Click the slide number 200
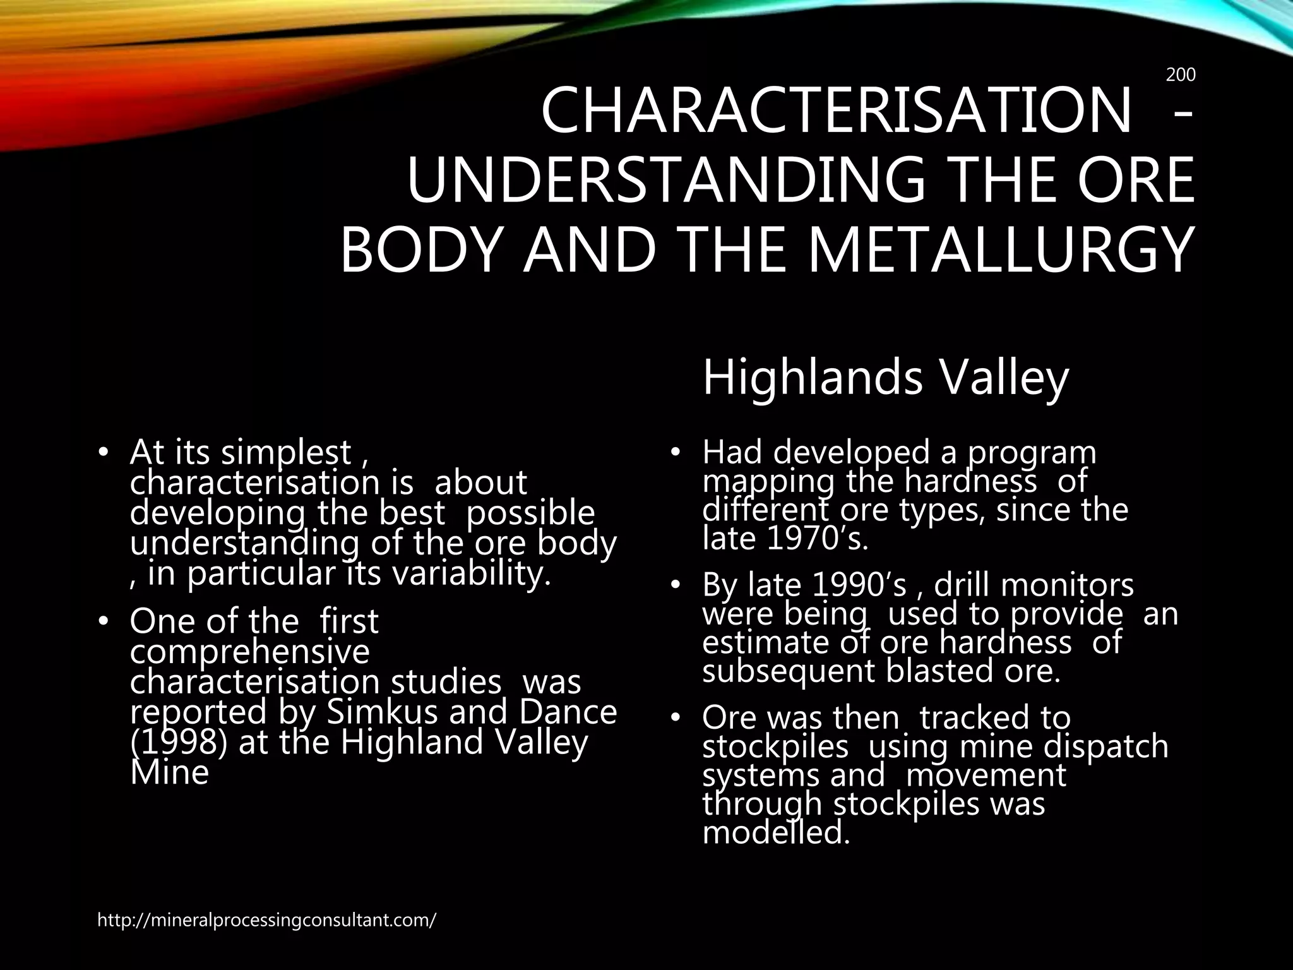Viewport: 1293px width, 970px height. click(1180, 75)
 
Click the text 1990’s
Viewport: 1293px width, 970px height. click(859, 585)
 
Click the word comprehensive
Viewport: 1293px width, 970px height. click(249, 651)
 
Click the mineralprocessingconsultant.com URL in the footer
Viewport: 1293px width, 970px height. click(266, 920)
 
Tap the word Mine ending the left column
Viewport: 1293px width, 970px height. click(169, 772)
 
